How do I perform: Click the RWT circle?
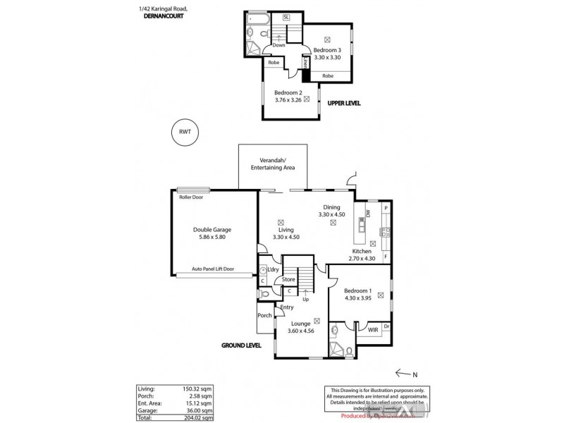pyautogui.click(x=185, y=132)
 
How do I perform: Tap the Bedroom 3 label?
pyautogui.click(x=327, y=50)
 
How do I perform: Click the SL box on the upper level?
pyautogui.click(x=286, y=16)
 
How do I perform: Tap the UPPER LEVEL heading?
pyautogui.click(x=343, y=103)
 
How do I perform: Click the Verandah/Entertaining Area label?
pyautogui.click(x=274, y=164)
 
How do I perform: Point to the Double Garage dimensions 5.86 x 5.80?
pyautogui.click(x=212, y=238)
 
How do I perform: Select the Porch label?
pyautogui.click(x=264, y=315)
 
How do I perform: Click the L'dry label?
pyautogui.click(x=273, y=270)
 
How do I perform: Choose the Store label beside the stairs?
pyautogui.click(x=288, y=279)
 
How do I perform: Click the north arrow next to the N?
pyautogui.click(x=403, y=373)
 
